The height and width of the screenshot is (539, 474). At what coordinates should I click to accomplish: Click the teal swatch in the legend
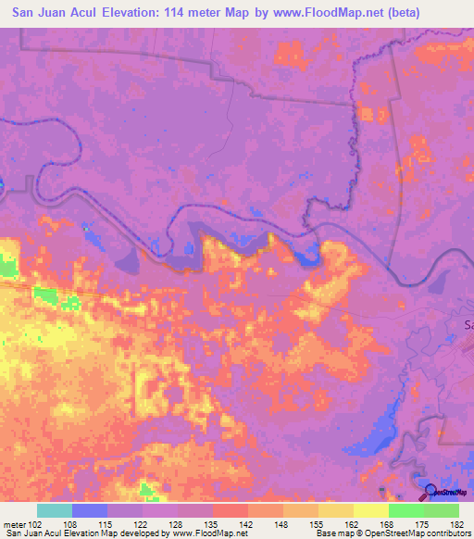pos(55,510)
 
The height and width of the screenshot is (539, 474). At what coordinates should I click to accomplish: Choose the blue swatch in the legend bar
pos(90,510)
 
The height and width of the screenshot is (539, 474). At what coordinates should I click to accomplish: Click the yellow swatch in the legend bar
pos(371,510)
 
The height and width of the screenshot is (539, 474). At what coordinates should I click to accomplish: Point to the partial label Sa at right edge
pos(468,325)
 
